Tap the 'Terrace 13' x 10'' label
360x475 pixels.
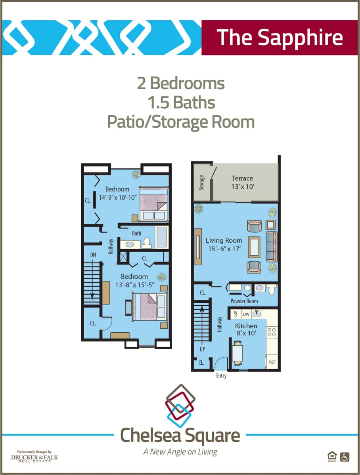tap(242, 182)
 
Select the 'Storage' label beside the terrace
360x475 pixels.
tap(202, 183)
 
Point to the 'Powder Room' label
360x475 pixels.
tap(244, 301)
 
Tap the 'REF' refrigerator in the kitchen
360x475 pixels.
tap(272, 362)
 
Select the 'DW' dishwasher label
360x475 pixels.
tap(246, 314)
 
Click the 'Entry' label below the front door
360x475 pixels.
tap(221, 375)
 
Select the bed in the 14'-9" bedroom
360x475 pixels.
tap(153, 203)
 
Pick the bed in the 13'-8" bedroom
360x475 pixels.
tap(149, 306)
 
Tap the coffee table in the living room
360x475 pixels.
tap(254, 247)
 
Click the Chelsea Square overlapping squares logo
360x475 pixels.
tap(180, 405)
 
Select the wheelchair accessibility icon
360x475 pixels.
tap(345, 457)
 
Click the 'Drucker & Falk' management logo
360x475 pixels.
tap(34, 456)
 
